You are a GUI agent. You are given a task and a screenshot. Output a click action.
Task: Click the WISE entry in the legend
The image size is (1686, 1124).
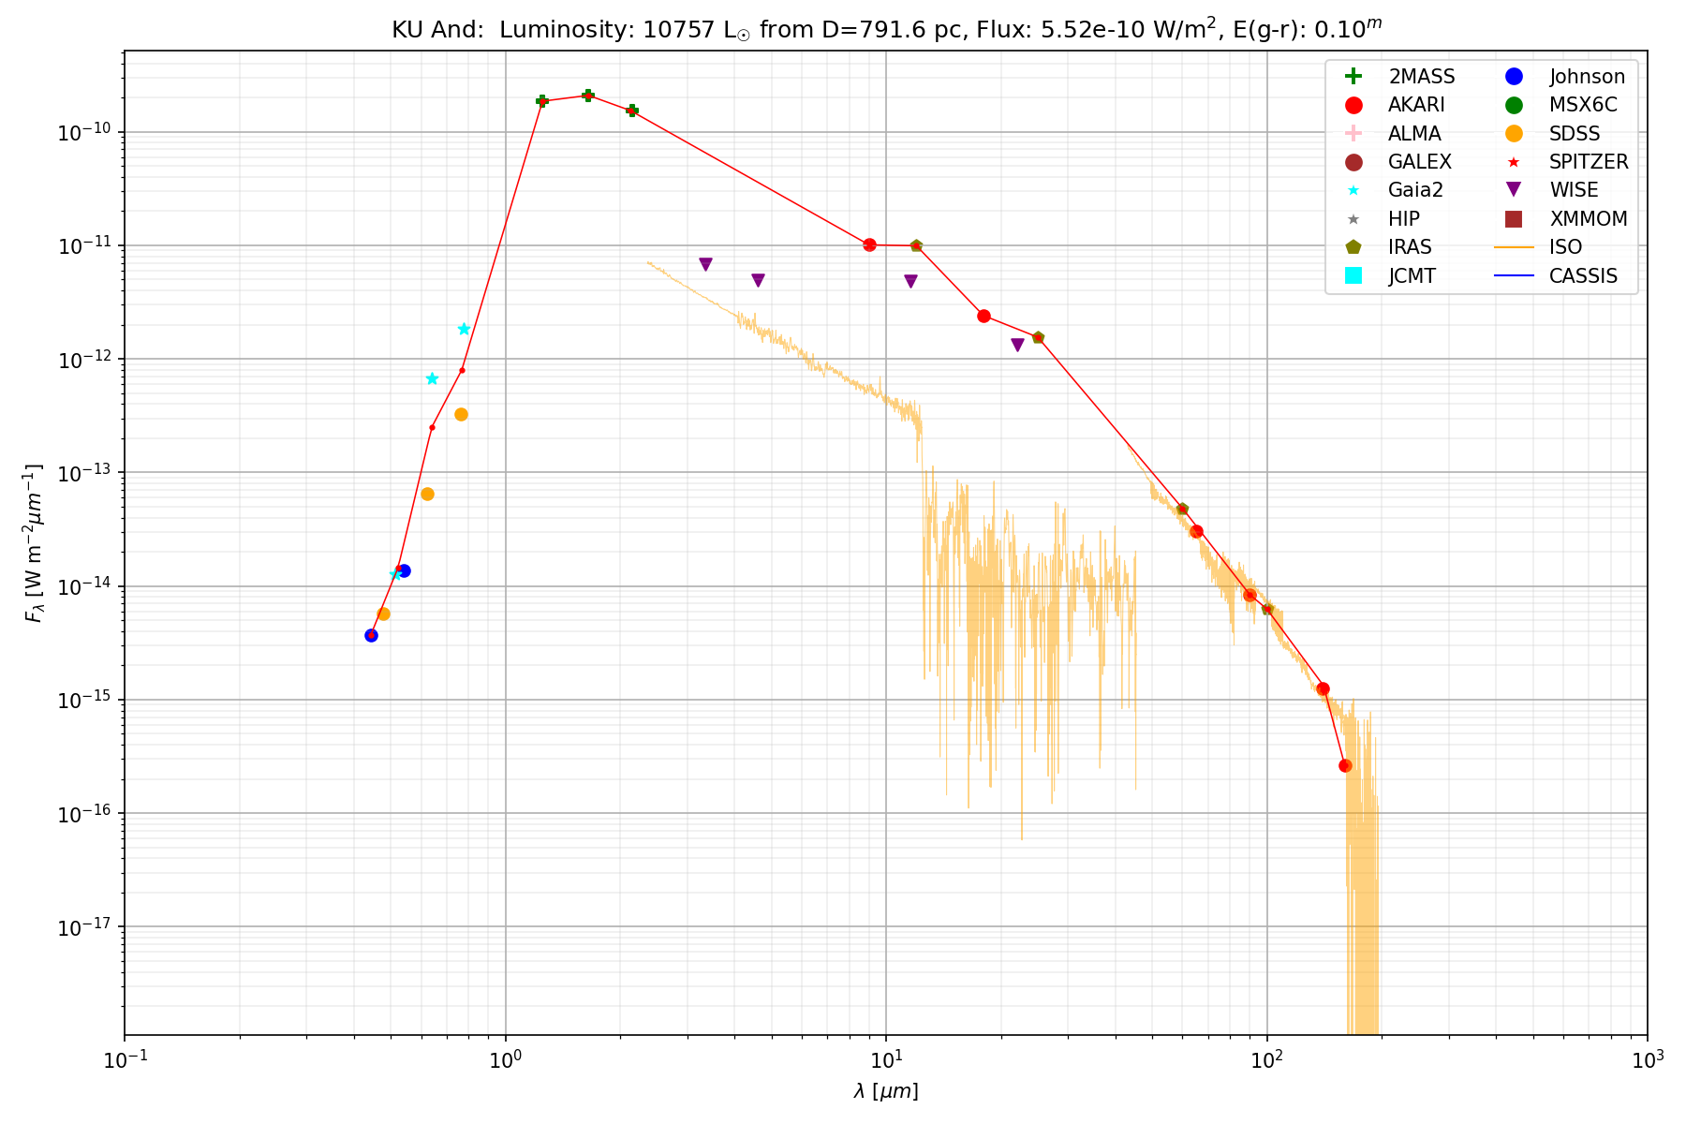tap(1574, 190)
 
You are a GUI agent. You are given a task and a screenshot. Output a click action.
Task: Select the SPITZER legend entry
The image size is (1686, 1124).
tap(1588, 162)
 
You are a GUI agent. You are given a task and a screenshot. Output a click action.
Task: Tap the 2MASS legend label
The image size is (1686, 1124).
tap(1421, 77)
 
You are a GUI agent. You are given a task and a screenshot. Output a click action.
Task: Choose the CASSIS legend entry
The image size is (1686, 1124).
tap(1583, 275)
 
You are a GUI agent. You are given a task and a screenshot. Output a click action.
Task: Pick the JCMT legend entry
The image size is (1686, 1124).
tap(1412, 275)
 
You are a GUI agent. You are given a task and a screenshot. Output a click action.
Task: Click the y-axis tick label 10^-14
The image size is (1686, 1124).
tap(86, 587)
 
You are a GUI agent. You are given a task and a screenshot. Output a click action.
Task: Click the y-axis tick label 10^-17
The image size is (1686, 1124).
tap(86, 928)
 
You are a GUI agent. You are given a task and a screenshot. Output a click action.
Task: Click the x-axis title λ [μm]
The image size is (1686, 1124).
tap(885, 1091)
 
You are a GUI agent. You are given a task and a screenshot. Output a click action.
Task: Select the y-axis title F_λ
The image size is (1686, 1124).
tap(35, 543)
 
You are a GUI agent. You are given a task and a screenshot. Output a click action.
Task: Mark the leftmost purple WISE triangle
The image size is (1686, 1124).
tap(705, 264)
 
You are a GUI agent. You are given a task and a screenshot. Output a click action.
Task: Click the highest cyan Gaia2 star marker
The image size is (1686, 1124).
tap(464, 329)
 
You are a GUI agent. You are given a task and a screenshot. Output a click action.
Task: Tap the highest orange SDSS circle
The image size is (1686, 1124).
tap(461, 415)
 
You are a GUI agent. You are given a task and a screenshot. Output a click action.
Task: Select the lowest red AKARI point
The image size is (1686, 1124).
tap(1345, 765)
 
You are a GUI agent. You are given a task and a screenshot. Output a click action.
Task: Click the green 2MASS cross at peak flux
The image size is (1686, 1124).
tap(588, 96)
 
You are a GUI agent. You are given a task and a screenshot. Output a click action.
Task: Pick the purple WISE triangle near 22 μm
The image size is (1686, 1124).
tap(1017, 345)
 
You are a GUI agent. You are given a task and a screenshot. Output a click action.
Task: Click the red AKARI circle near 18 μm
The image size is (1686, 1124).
tap(983, 316)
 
